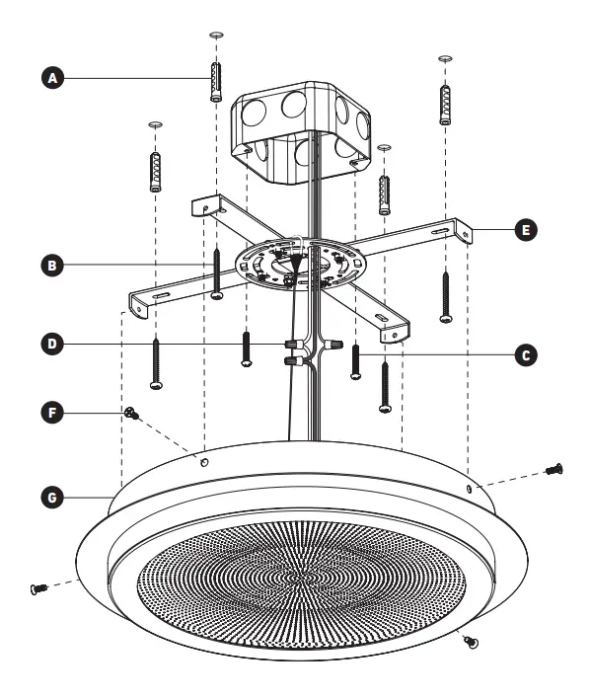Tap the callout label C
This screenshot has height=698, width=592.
(527, 351)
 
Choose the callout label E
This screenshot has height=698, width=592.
(527, 229)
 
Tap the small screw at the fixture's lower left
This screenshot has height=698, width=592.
(40, 589)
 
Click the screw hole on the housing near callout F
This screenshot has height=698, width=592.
(202, 460)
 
